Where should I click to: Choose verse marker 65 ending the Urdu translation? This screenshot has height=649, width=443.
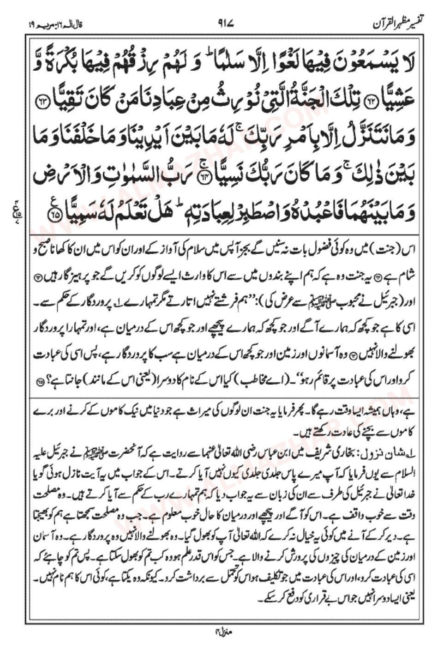point(44,384)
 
